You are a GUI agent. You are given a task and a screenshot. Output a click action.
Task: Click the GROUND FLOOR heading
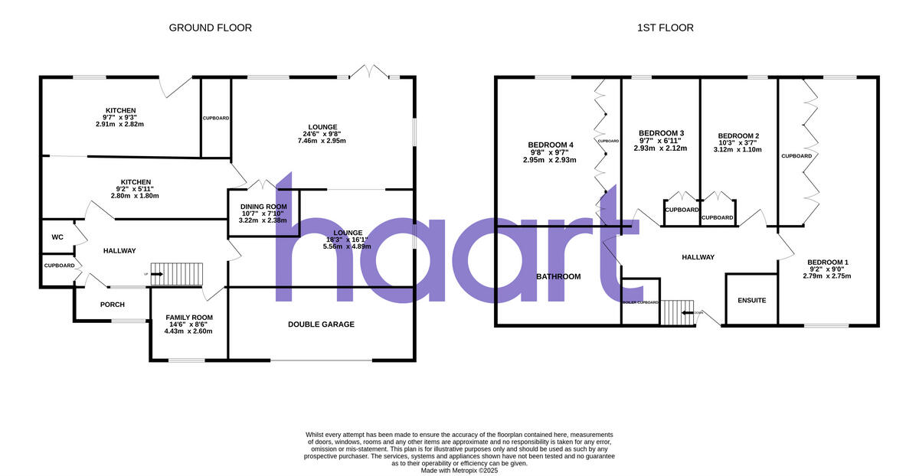point(210,28)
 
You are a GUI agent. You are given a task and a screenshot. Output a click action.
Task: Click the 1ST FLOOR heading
point(665,28)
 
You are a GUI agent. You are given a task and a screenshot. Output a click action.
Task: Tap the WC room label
point(57,237)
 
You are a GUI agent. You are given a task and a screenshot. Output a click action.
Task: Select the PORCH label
point(112,305)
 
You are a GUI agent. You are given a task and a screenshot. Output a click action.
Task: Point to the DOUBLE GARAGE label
point(321,324)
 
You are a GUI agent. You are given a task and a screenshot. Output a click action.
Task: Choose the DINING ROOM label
point(263,207)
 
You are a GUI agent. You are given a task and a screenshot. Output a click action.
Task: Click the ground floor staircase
point(178,274)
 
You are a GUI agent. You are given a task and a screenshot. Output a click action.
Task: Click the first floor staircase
point(676,312)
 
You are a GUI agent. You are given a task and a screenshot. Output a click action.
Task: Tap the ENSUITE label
point(751,300)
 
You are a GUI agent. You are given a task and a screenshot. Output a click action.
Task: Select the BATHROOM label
point(558,276)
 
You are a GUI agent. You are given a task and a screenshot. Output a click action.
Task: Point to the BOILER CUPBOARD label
point(640,302)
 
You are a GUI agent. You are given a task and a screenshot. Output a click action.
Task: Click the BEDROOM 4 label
point(550,145)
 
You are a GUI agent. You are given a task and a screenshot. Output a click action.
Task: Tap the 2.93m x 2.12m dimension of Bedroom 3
point(660,148)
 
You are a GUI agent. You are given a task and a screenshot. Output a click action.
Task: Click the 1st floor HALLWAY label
point(698,257)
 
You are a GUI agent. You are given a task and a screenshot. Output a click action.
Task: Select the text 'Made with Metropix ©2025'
point(459,471)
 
